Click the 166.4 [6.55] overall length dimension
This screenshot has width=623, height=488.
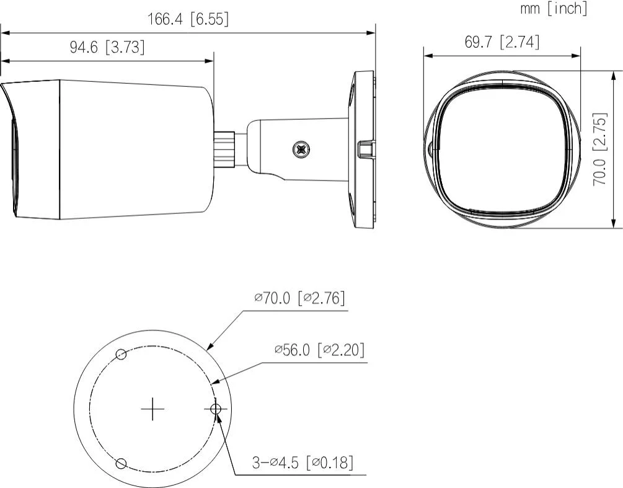point(188,19)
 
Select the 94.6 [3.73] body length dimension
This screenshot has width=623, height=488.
point(107,47)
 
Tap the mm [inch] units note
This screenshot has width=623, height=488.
point(554,8)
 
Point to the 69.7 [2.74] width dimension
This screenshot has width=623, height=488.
point(502,42)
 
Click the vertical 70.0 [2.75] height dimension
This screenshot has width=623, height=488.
point(600,149)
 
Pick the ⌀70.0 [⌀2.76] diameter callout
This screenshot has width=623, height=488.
point(299,298)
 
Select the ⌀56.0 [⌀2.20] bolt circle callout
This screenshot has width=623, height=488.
point(319,350)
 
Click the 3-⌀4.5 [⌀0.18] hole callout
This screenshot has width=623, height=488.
point(303,462)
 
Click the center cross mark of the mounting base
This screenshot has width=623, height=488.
point(153,409)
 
